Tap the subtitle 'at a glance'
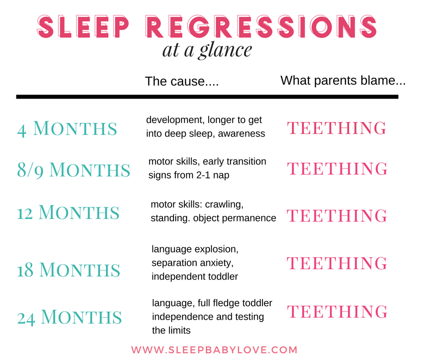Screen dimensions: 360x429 coord(207,50)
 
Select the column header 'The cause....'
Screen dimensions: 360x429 coord(182,82)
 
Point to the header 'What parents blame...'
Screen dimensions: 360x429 coord(343,81)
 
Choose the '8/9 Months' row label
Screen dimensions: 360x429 coord(73,170)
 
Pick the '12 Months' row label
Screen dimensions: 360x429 coord(68,212)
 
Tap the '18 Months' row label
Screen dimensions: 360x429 coord(68,270)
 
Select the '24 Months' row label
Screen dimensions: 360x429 coord(69,317)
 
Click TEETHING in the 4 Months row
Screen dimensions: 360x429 coord(337,128)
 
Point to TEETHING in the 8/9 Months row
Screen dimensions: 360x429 coord(337,169)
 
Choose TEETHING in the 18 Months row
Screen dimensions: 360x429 coord(337,263)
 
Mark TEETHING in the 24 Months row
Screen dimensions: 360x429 coord(337,312)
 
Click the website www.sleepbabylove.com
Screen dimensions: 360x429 coord(214,350)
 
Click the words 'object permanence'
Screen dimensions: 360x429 coord(235,218)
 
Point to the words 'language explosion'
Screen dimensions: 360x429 coord(195,250)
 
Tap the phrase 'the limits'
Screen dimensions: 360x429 coord(171,330)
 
